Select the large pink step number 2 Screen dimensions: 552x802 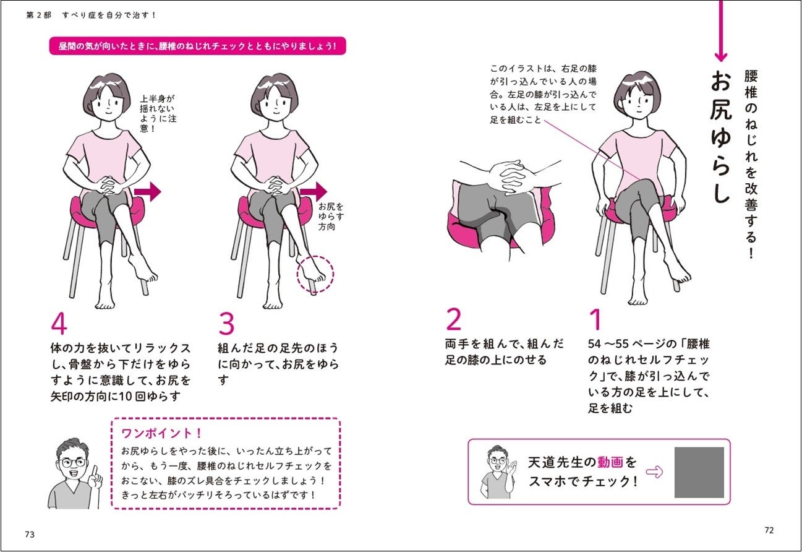[453, 320]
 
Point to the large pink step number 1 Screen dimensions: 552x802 [595, 320]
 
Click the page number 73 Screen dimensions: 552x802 [30, 534]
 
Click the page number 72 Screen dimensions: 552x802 [769, 530]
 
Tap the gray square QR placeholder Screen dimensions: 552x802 [699, 472]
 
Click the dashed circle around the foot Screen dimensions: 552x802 [315, 273]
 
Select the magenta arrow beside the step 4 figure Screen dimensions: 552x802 [147, 192]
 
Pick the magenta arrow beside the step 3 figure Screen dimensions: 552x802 [314, 192]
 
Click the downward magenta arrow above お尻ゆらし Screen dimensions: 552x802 [720, 31]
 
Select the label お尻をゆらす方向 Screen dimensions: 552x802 [331, 217]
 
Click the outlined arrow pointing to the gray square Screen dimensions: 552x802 [654, 472]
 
